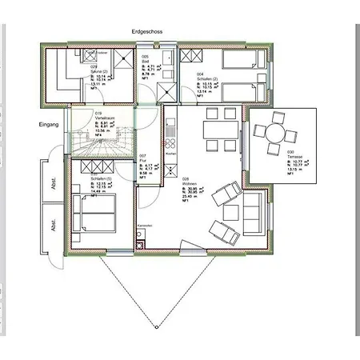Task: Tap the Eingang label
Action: coord(50,126)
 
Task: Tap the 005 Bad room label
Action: coord(146,58)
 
